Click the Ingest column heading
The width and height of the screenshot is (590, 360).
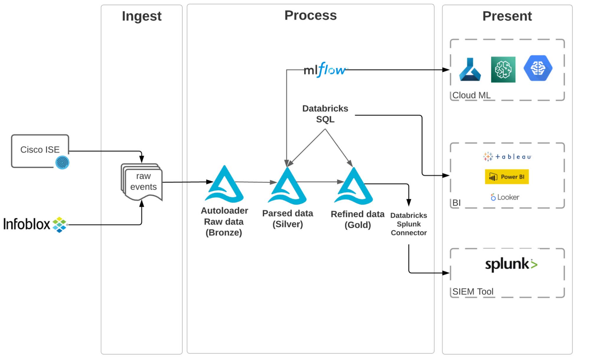coord(141,16)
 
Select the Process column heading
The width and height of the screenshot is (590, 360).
coord(310,15)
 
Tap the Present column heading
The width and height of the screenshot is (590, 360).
coord(507,16)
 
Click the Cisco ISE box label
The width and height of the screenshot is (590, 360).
coord(40,150)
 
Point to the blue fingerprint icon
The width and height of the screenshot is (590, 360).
coord(62,163)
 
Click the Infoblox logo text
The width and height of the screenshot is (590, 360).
coord(27,224)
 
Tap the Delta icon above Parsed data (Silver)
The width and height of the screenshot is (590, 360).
coord(287,187)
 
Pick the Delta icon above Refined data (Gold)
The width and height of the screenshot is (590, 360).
coord(354,187)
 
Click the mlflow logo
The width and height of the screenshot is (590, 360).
coord(325,70)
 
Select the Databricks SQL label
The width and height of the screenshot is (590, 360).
coord(325,114)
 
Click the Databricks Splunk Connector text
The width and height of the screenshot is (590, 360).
coord(408,224)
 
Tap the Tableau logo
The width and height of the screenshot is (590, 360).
coord(507,157)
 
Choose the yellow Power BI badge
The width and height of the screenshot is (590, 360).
coord(506,177)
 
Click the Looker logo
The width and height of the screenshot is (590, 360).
coord(505,197)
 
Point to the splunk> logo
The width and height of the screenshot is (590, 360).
coord(511,264)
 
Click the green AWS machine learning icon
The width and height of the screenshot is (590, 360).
coord(503,70)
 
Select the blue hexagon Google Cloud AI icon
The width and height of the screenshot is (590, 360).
coord(538,68)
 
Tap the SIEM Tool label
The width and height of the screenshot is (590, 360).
coord(473,292)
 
